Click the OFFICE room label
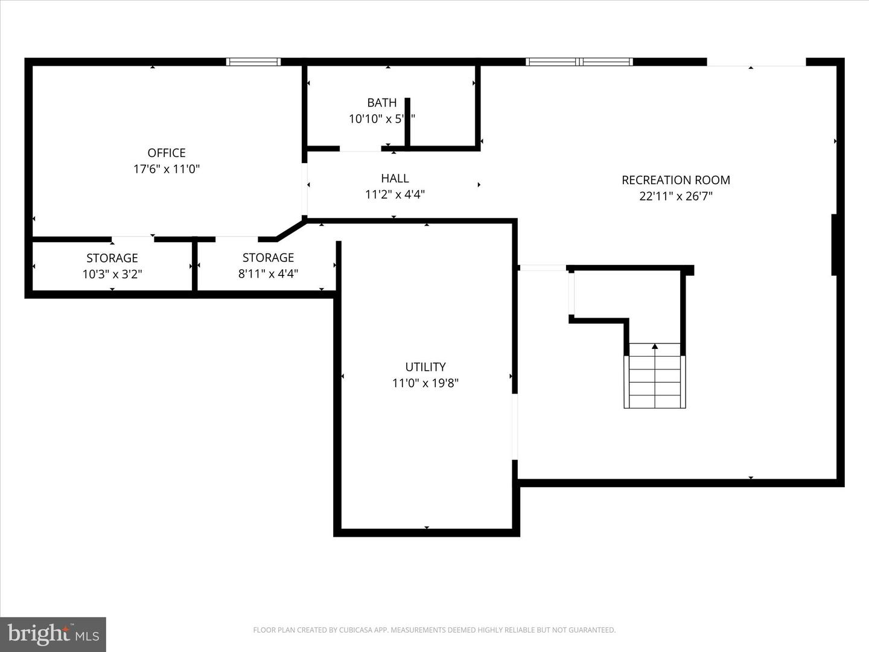(x=167, y=153)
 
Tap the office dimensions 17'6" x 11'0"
(x=167, y=169)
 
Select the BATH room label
(x=382, y=103)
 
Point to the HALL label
(x=395, y=179)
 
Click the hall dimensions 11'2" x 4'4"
(x=395, y=194)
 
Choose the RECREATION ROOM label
(x=676, y=180)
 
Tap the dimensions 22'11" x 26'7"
(x=676, y=196)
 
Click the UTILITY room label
(x=425, y=367)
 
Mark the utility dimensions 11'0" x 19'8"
(x=425, y=383)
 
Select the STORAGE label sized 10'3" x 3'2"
(x=112, y=258)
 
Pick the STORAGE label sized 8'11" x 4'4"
(x=268, y=258)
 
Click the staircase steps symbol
(x=655, y=382)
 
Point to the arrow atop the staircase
(x=655, y=347)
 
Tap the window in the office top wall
(x=253, y=62)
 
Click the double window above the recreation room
(x=579, y=62)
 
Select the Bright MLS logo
(x=53, y=634)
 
